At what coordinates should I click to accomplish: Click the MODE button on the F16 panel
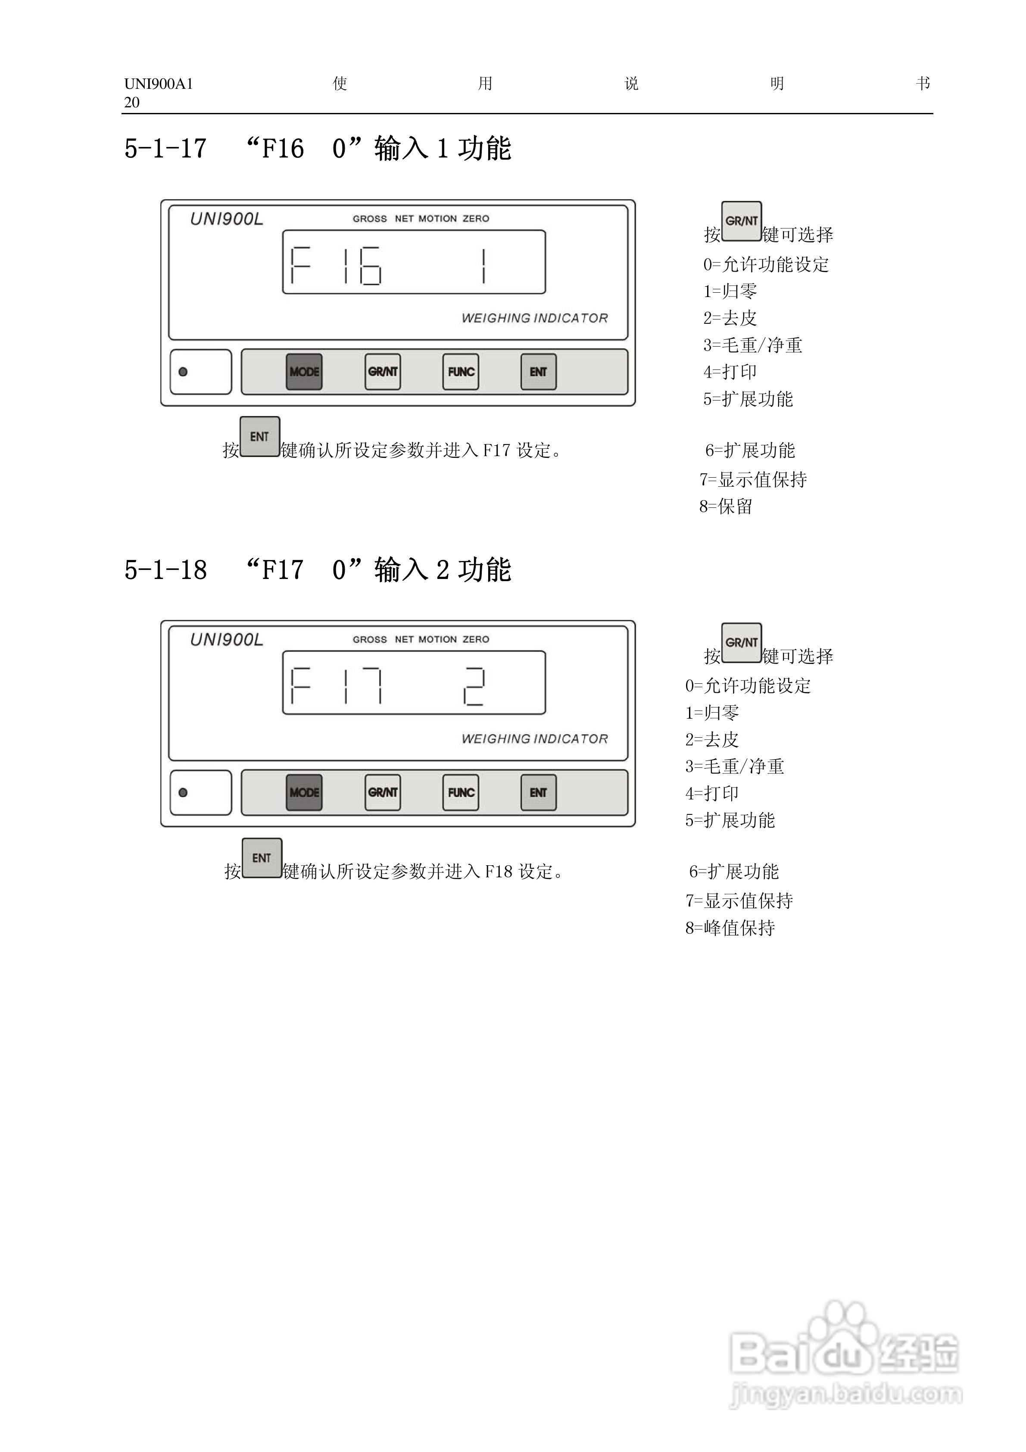[x=304, y=372]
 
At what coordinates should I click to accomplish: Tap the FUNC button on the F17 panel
[x=461, y=792]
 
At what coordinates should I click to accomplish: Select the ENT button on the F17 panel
[x=539, y=792]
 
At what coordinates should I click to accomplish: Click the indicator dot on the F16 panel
[x=183, y=372]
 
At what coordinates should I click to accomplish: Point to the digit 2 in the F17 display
[x=474, y=686]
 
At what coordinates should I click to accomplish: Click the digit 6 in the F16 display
[x=371, y=266]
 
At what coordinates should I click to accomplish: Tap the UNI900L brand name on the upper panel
[x=226, y=219]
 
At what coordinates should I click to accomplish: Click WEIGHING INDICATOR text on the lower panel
[x=535, y=739]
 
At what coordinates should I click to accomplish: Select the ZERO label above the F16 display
[x=476, y=219]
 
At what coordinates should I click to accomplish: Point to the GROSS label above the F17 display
[x=370, y=639]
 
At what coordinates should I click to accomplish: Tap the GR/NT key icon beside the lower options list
[x=742, y=642]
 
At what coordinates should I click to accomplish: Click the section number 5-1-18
[x=165, y=570]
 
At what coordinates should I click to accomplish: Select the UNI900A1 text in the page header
[x=159, y=84]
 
